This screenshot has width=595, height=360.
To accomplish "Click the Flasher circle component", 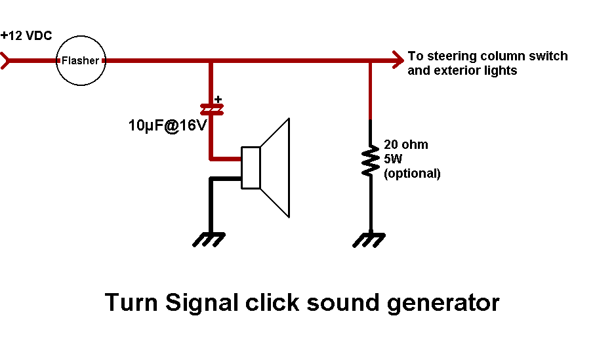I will click(80, 61).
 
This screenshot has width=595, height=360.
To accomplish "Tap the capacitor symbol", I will click(211, 109).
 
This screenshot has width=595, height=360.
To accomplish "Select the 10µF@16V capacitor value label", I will click(167, 125).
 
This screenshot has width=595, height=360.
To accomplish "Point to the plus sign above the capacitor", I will click(218, 98).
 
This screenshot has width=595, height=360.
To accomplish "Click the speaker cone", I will click(275, 167).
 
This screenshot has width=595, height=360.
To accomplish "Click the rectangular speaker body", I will click(251, 168).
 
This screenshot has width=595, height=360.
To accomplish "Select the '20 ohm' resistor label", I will click(406, 145).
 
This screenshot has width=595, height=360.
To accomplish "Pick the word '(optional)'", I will click(413, 174).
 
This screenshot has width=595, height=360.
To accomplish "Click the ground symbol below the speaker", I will click(210, 239).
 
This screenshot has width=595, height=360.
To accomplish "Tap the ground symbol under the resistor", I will click(370, 239).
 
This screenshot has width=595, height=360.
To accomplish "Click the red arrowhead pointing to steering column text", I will click(397, 61).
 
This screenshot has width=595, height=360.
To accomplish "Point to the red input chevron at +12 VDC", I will click(6, 61).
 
